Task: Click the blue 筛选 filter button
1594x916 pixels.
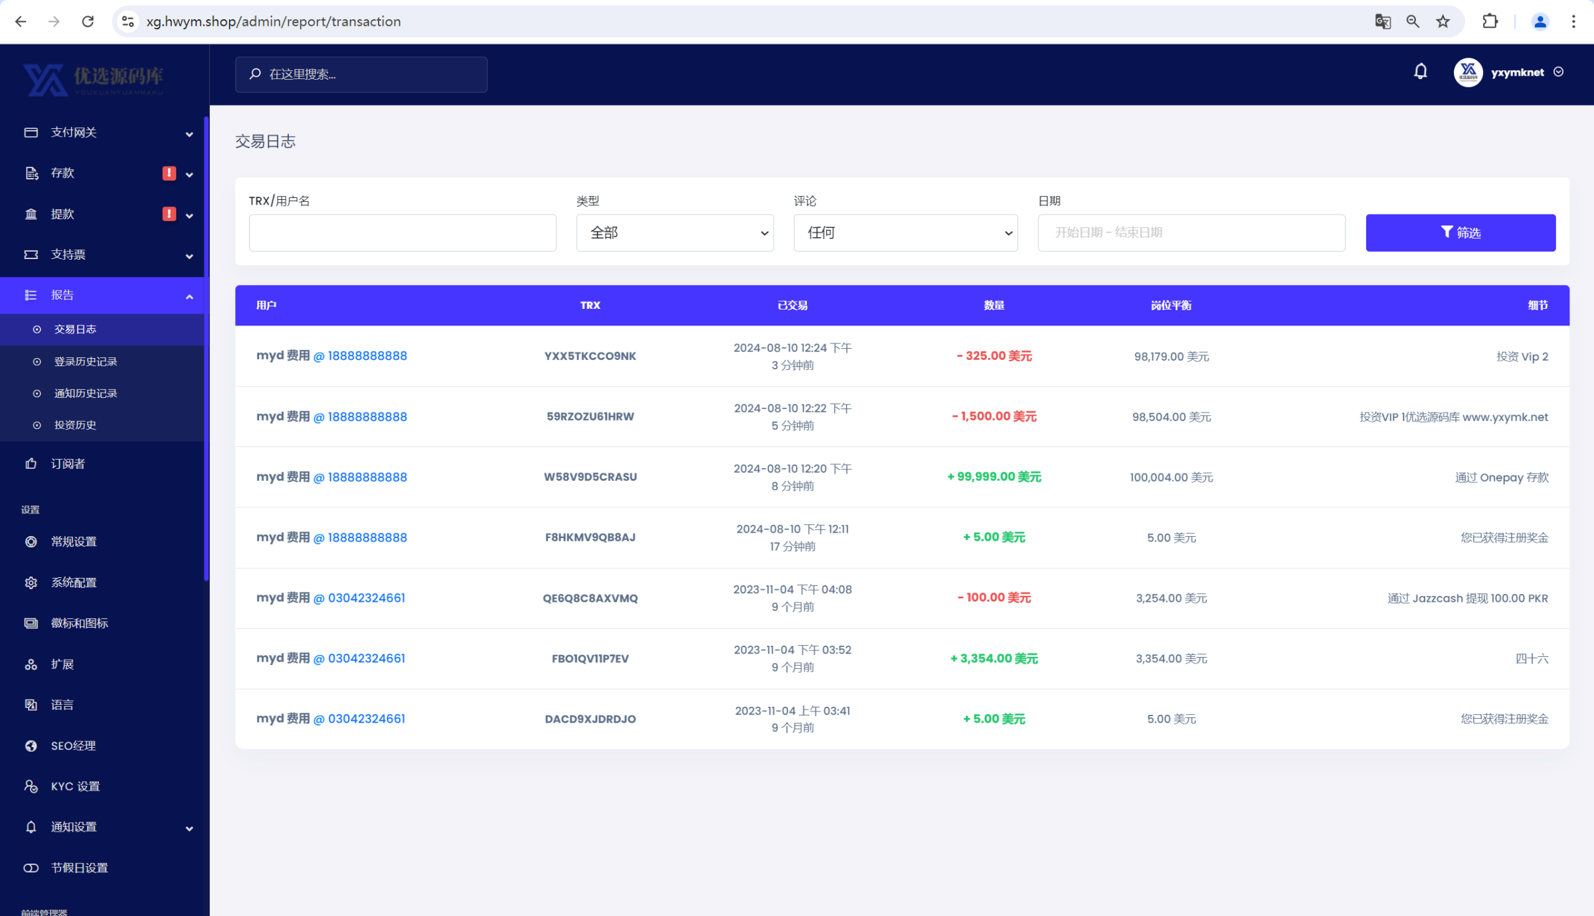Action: click(1460, 232)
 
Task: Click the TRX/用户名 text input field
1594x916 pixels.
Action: click(402, 232)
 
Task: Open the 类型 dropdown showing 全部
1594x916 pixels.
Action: click(674, 232)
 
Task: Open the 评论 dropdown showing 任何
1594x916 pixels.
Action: click(905, 232)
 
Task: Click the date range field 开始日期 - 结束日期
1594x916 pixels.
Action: click(1191, 232)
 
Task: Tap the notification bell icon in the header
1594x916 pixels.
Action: click(1420, 72)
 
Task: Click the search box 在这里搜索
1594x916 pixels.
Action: click(361, 74)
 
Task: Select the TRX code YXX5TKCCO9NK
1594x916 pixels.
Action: click(590, 356)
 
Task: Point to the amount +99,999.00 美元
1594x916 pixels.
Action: click(994, 477)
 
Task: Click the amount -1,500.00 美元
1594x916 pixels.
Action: click(994, 416)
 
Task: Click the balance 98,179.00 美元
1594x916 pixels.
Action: click(1171, 357)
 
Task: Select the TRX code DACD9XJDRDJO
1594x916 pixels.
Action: click(590, 719)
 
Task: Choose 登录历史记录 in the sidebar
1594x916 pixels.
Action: click(86, 361)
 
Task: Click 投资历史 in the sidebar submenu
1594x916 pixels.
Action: click(75, 425)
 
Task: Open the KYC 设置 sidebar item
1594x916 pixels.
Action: click(75, 786)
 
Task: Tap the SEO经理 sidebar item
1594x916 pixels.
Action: click(73, 746)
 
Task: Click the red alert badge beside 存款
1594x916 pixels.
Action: click(169, 173)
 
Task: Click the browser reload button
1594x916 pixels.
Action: click(88, 22)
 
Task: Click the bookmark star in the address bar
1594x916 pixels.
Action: click(1443, 22)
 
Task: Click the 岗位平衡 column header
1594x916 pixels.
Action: click(1170, 306)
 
